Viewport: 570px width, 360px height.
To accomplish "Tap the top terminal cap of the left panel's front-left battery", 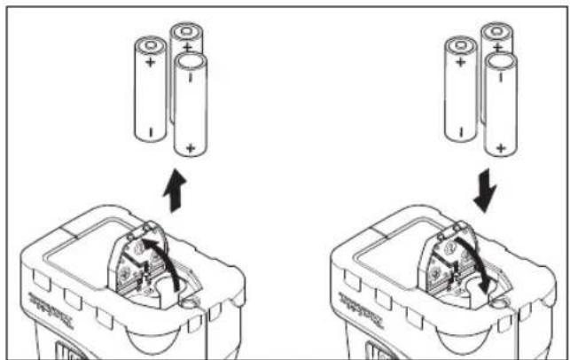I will tap(150, 45).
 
